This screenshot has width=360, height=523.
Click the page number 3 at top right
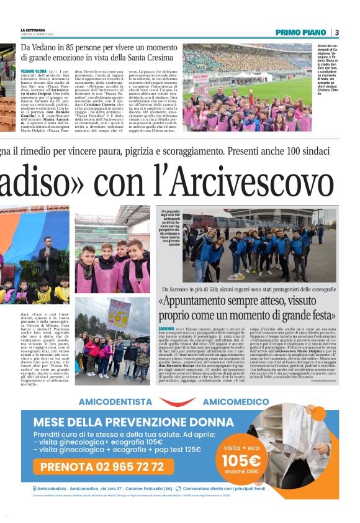tap(336, 32)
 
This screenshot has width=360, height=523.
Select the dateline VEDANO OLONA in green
tap(34, 71)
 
